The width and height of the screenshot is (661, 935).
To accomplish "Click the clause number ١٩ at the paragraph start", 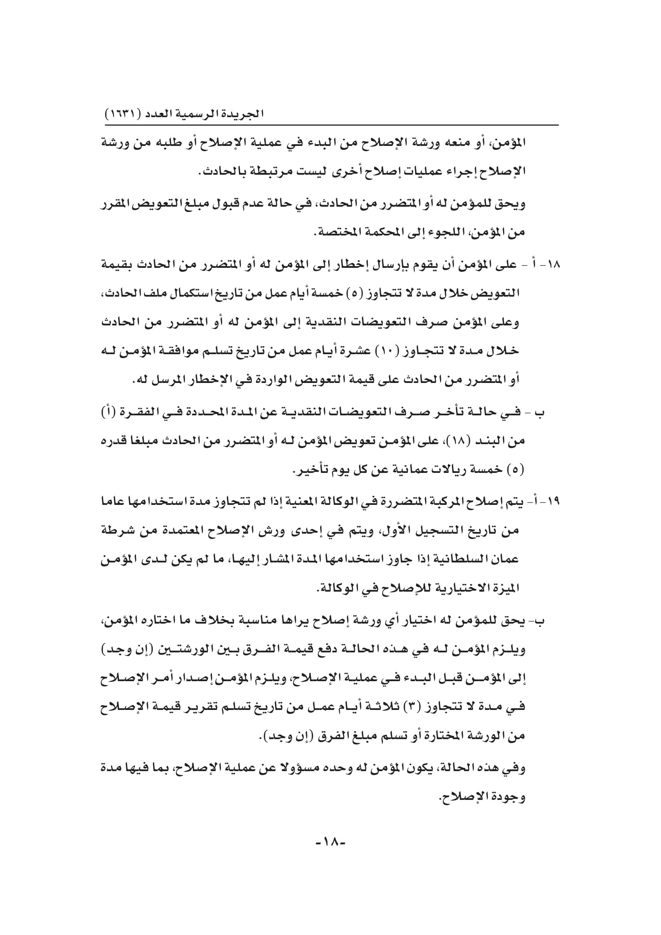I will [553, 501].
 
